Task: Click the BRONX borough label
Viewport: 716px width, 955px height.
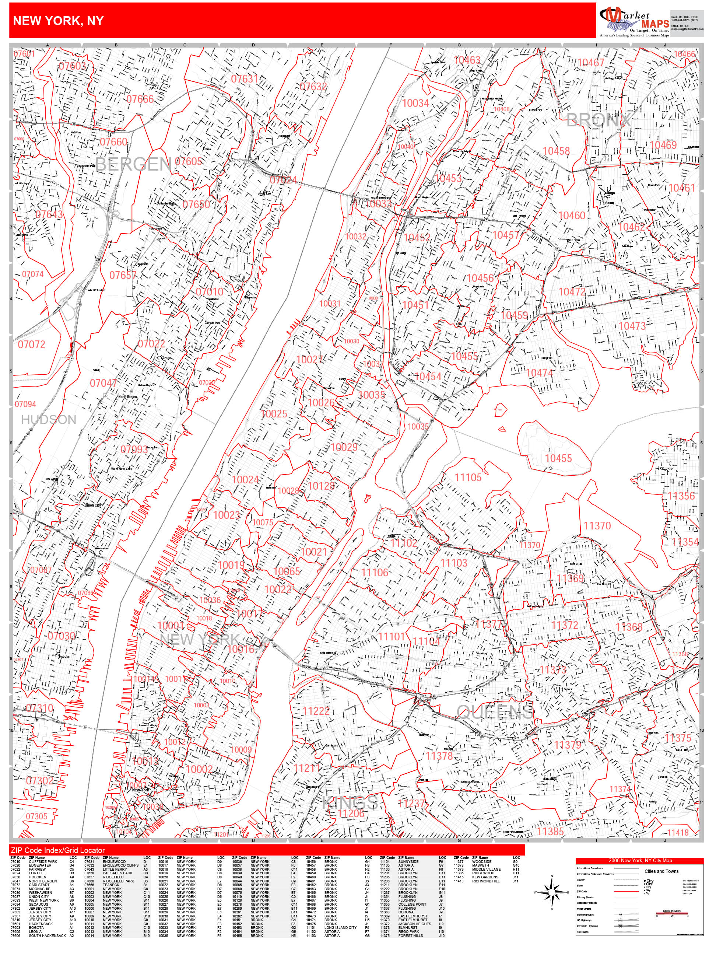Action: point(598,120)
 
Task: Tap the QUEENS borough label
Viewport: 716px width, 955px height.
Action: point(495,712)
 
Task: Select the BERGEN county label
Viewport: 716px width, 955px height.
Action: point(133,164)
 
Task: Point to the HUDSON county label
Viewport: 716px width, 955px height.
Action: point(49,420)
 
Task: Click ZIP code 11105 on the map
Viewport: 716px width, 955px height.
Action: point(468,477)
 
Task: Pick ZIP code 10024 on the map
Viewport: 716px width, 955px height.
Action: point(245,480)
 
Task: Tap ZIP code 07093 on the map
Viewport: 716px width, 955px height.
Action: point(134,450)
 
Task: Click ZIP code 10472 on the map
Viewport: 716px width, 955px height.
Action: point(572,292)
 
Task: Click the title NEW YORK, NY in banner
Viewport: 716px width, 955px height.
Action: point(58,21)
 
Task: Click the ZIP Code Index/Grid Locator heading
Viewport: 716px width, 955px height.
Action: point(58,850)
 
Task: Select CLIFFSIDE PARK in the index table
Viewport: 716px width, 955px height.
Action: point(43,862)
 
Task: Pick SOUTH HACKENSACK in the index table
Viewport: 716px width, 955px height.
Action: point(48,935)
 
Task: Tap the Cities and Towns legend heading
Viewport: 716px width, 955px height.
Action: point(661,871)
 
